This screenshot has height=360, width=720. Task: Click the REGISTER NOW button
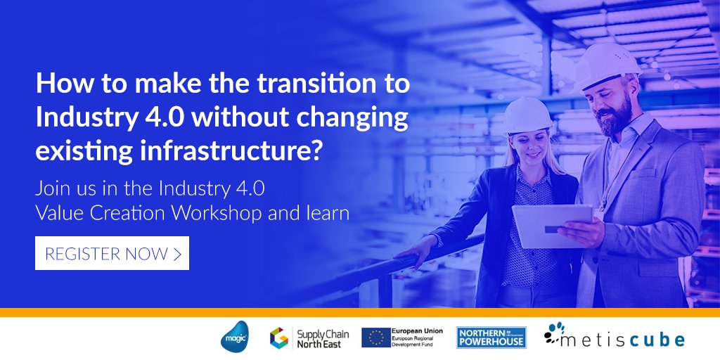tap(112, 254)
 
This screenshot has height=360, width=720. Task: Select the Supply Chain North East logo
tap(309, 337)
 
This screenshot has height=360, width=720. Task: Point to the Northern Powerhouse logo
tap(491, 337)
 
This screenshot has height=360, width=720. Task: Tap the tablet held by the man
tap(551, 225)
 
